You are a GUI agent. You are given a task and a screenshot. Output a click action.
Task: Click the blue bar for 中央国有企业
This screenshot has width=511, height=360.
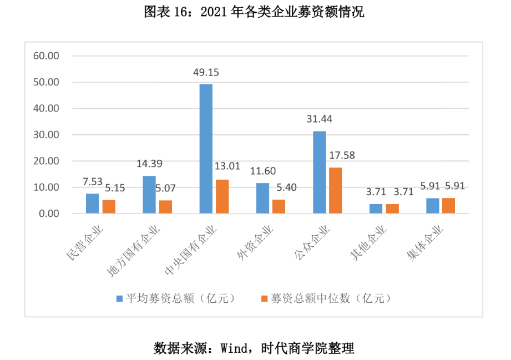(x=206, y=149)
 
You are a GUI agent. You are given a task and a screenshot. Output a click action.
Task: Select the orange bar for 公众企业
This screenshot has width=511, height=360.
(x=335, y=190)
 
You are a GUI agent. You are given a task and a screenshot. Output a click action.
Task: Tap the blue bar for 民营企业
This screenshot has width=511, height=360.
(x=92, y=204)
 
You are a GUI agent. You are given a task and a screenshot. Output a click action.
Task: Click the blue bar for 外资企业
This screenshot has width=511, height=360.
(x=262, y=198)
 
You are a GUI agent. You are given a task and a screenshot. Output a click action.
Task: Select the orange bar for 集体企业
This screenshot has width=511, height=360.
(x=449, y=206)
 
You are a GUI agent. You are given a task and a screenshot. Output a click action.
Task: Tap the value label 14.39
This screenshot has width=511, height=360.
(x=150, y=164)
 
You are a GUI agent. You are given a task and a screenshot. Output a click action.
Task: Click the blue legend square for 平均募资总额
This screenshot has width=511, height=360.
(x=119, y=298)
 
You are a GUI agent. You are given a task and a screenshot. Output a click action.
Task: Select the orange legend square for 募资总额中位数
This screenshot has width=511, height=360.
(x=264, y=298)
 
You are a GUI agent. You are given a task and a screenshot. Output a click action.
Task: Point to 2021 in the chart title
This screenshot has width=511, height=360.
(x=213, y=12)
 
